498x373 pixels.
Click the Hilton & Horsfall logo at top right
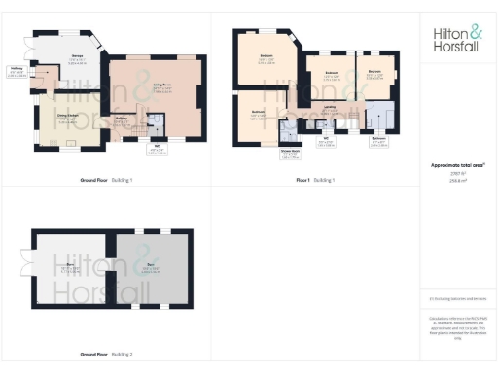point(457,38)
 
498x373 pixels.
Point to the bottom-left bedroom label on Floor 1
point(259,114)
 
